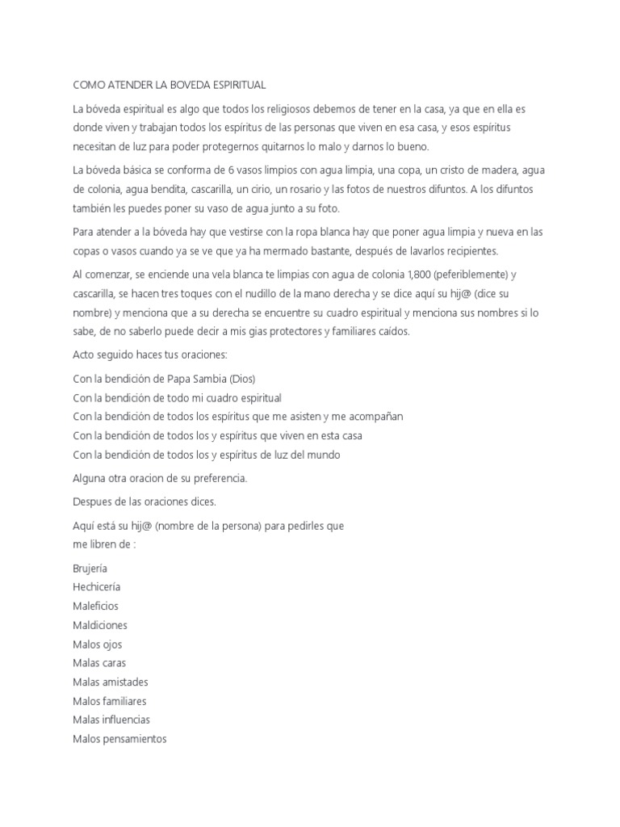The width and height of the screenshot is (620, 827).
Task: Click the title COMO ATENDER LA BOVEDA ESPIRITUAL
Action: coord(169,84)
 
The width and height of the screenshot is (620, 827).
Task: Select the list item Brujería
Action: coord(90,568)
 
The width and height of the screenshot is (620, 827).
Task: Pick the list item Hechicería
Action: coord(96,587)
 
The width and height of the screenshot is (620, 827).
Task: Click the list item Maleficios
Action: coord(95,606)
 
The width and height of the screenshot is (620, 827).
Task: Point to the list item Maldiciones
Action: coord(99,625)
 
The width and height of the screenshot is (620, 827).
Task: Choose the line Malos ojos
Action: coord(97,644)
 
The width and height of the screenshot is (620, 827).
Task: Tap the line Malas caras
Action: coord(98,663)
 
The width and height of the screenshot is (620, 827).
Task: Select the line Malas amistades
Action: coord(110,682)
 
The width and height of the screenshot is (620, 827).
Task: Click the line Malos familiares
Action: coord(109,701)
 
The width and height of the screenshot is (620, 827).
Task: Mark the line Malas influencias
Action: coord(111,720)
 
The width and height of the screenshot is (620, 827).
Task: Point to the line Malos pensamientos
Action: coord(119,739)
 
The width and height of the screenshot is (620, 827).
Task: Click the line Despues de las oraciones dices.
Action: coord(145,502)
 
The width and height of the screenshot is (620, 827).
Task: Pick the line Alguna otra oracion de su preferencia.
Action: coord(160,478)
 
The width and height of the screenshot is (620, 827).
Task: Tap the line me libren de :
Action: coord(104,544)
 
